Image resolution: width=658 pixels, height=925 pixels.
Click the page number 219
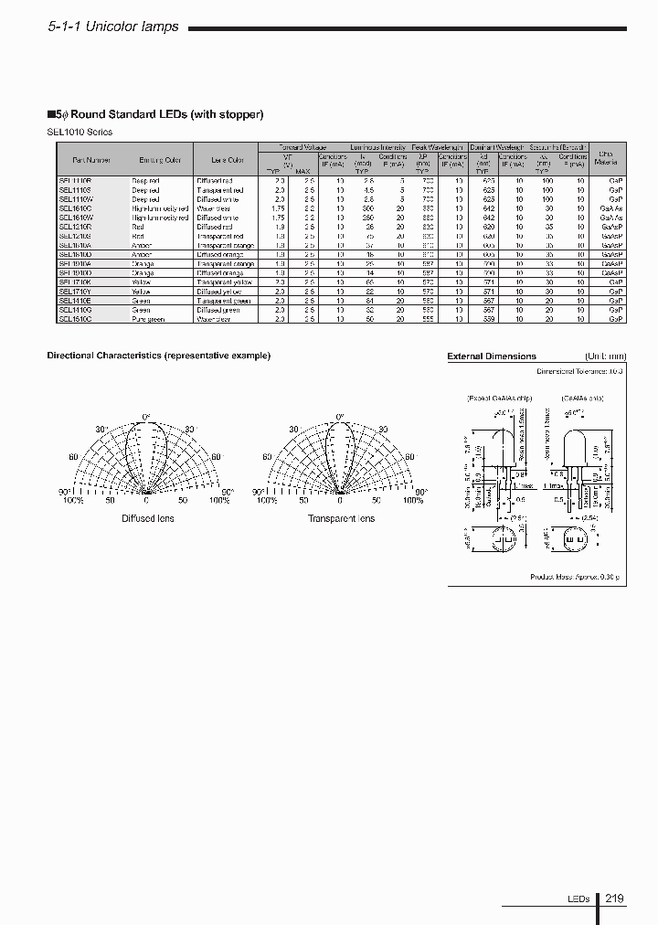614,898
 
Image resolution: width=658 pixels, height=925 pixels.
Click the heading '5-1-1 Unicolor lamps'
113,28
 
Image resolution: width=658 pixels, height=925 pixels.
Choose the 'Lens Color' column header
216,161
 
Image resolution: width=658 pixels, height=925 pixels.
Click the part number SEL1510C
74,319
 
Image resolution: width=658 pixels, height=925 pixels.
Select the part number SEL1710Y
74,292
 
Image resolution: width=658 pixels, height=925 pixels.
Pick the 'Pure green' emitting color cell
149,319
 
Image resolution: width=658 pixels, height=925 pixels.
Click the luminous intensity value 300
368,208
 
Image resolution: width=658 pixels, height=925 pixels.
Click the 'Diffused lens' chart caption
148,519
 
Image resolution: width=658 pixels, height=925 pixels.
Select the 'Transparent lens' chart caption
341,519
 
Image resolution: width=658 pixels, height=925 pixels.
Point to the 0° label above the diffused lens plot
146,417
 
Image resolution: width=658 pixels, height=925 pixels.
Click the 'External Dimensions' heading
492,356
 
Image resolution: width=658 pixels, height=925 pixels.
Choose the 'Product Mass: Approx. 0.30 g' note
575,578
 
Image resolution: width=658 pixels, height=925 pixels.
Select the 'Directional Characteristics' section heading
158,356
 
